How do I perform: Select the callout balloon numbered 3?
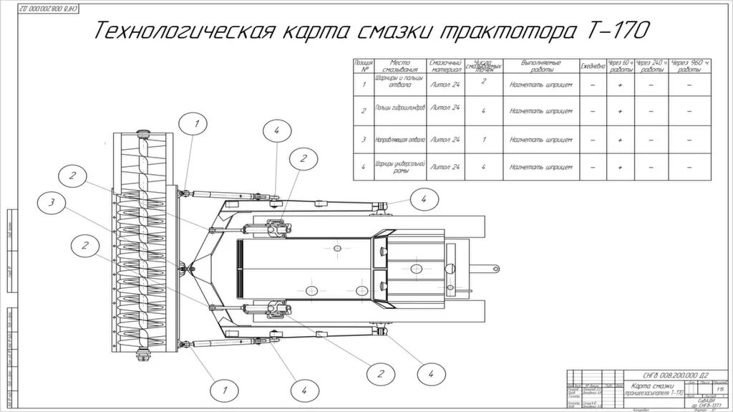52,203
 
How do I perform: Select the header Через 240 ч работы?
652,66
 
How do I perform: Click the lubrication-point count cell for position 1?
485,82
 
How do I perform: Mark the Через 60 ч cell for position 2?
621,111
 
